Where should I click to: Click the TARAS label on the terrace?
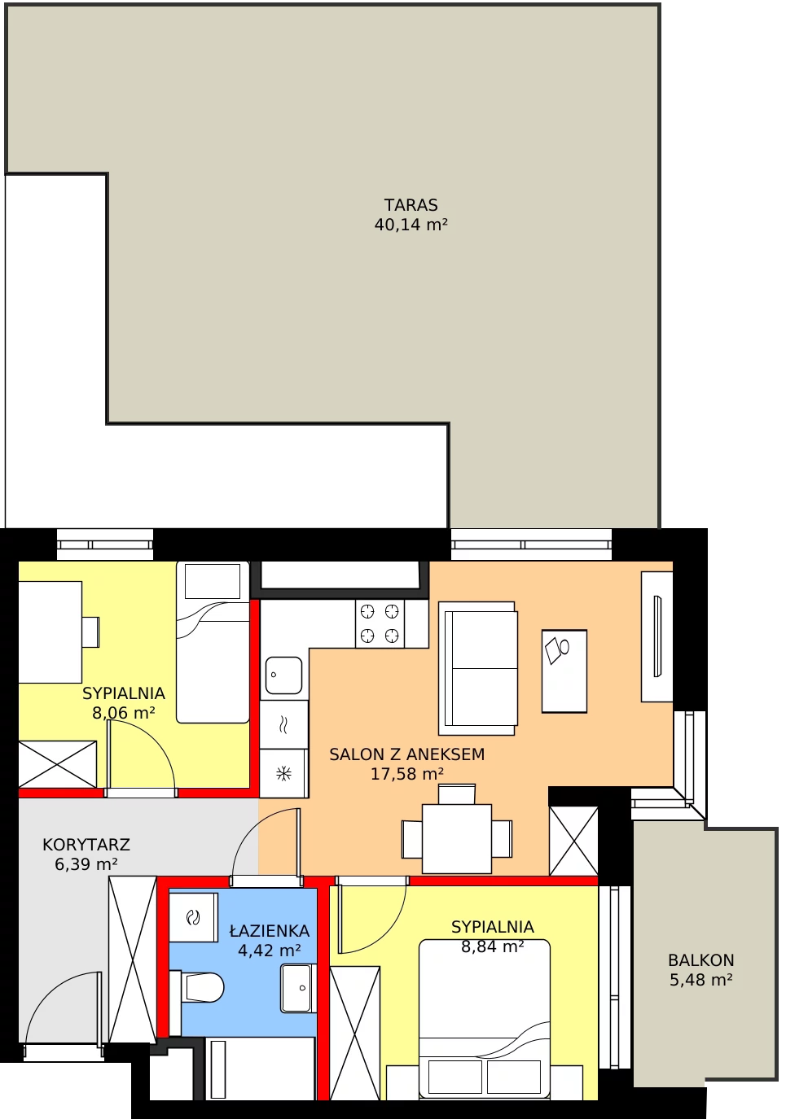pyautogui.click(x=411, y=205)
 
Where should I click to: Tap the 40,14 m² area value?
pyautogui.click(x=411, y=225)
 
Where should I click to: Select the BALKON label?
pyautogui.click(x=700, y=960)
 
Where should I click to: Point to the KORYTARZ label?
pyautogui.click(x=86, y=845)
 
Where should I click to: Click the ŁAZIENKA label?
pyautogui.click(x=269, y=930)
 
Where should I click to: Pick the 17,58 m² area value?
pyautogui.click(x=406, y=774)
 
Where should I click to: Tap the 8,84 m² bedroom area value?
pyautogui.click(x=492, y=946)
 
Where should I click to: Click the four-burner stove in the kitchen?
pyautogui.click(x=380, y=623)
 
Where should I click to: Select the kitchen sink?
pyautogui.click(x=283, y=675)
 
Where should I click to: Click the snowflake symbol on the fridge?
pyautogui.click(x=283, y=774)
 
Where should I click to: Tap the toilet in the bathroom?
pyautogui.click(x=197, y=987)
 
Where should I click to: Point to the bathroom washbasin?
pyautogui.click(x=298, y=989)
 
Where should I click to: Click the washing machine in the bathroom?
pyautogui.click(x=194, y=918)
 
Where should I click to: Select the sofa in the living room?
pyautogui.click(x=477, y=668)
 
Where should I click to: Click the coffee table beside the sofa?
pyautogui.click(x=564, y=671)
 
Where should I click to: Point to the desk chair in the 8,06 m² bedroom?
pyautogui.click(x=90, y=632)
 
